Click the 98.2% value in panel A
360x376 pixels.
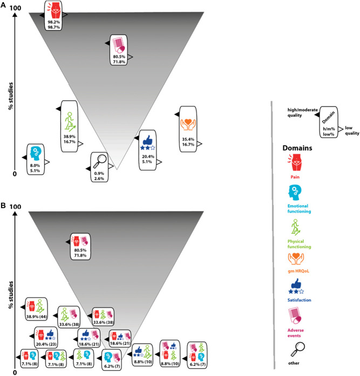click(54, 22)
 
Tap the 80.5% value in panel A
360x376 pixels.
click(119, 57)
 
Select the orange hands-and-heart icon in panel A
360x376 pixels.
click(188, 125)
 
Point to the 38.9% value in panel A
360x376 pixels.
click(70, 136)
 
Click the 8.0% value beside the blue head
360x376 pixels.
click(35, 166)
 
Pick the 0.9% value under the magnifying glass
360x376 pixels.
click(99, 173)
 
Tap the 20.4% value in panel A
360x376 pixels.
click(148, 156)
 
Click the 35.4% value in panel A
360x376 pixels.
click(188, 139)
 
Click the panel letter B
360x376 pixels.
click(3, 206)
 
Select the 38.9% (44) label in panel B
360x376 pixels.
click(37, 317)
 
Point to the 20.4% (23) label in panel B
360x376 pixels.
click(46, 344)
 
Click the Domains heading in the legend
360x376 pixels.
click(297, 148)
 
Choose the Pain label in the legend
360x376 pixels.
click(295, 177)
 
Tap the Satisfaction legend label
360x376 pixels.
click(300, 300)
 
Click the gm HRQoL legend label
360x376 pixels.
click(298, 271)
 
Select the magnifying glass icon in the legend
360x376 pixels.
click(297, 350)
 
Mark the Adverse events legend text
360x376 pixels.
click(296, 333)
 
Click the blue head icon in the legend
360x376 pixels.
click(294, 193)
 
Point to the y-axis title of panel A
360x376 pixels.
click(11, 96)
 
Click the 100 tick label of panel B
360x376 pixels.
click(15, 207)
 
